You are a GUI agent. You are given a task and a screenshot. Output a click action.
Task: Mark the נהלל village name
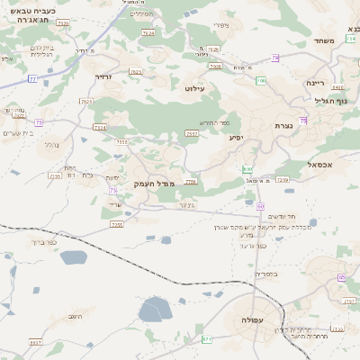(x=51, y=145)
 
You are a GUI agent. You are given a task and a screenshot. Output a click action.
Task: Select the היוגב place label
(x=76, y=316)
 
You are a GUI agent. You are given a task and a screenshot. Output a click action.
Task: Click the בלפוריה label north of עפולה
(x=266, y=274)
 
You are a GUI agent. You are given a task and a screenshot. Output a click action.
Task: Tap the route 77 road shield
(x=32, y=79)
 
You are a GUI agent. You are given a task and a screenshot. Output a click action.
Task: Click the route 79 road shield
(x=275, y=58)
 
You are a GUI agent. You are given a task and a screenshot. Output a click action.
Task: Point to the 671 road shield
(x=207, y=339)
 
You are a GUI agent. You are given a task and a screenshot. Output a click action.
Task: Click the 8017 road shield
(x=35, y=343)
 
